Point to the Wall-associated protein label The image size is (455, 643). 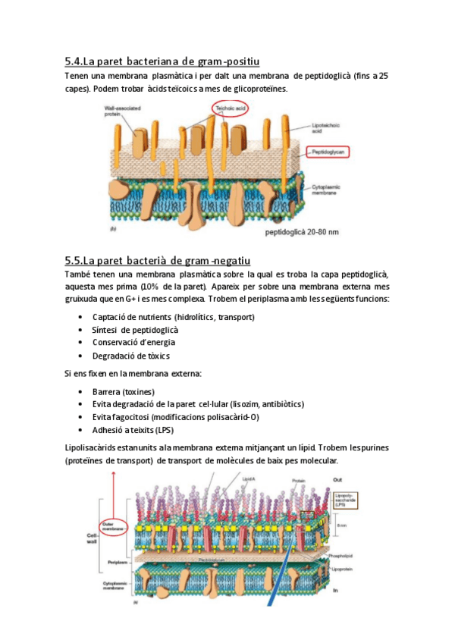coord(121,113)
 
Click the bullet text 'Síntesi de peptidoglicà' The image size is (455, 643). coord(135,330)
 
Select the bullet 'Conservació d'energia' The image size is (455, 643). coord(128,342)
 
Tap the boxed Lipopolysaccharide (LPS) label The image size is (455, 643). coord(346,500)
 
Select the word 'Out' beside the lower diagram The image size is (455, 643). coord(337,479)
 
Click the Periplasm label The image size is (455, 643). coord(114,562)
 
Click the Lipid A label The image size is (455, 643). coord(249,479)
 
